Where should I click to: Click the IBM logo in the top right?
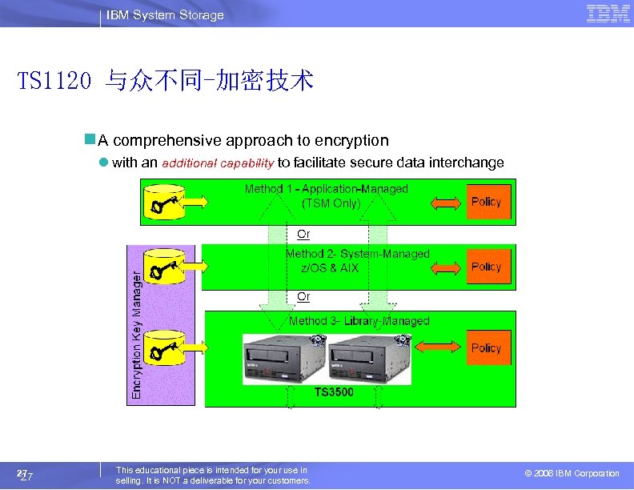(x=608, y=14)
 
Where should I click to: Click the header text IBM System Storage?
(x=167, y=15)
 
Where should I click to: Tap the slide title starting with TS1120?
(x=166, y=81)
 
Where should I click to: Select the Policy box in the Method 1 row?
(x=486, y=202)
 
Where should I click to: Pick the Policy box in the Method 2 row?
(x=486, y=267)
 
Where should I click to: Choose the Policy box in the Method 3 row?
(x=486, y=348)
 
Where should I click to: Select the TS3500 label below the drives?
(x=334, y=392)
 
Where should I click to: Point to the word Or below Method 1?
(x=303, y=235)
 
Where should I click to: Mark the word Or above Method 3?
(x=303, y=297)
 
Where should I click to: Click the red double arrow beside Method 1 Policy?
(x=447, y=202)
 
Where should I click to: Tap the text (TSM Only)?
(x=331, y=203)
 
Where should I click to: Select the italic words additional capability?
(x=219, y=163)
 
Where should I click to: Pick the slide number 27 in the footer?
(x=26, y=476)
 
